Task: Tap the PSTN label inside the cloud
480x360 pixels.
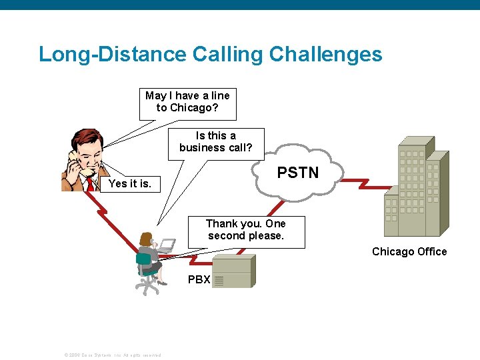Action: [297, 173]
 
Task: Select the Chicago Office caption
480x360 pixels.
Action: [409, 251]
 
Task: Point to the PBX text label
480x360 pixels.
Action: [199, 279]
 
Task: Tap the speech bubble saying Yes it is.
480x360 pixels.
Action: [129, 183]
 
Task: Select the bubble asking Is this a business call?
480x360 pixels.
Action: [215, 142]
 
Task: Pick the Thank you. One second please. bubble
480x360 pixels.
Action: [245, 230]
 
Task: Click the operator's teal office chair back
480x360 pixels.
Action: [143, 261]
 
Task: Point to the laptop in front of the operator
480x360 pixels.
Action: [167, 245]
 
